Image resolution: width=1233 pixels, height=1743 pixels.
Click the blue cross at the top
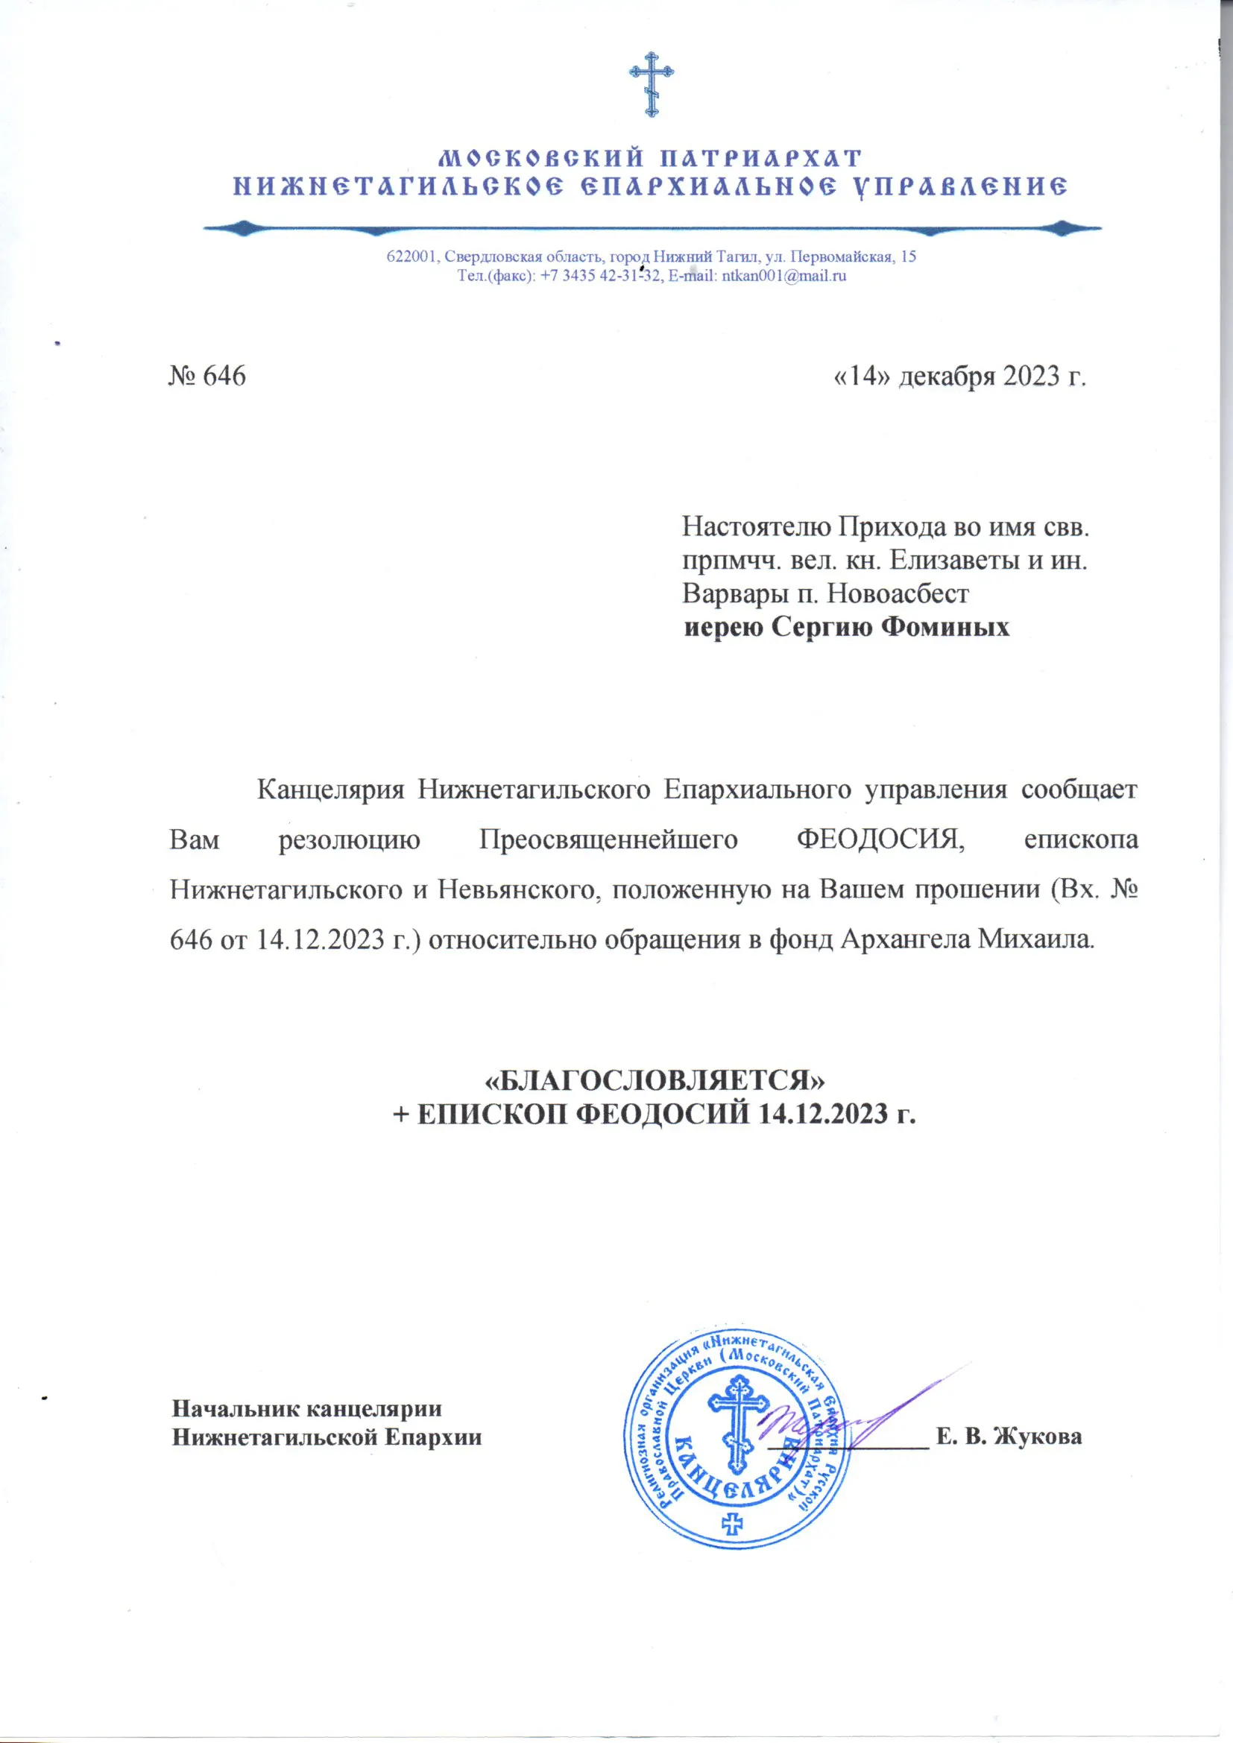[x=651, y=84]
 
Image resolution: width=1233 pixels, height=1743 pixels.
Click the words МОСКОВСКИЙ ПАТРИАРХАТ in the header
[x=651, y=158]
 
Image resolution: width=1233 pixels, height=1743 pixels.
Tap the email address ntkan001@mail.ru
[x=783, y=277]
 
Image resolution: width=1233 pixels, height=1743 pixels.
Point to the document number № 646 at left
[x=207, y=376]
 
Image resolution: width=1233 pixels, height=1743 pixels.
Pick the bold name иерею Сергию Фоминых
[x=847, y=627]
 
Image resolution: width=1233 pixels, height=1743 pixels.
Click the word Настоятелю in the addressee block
[x=748, y=526]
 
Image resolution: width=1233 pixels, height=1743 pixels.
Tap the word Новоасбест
[x=898, y=593]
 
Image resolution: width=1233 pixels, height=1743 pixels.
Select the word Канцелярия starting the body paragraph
[x=330, y=789]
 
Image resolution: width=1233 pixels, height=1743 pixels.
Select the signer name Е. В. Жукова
[x=1009, y=1437]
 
